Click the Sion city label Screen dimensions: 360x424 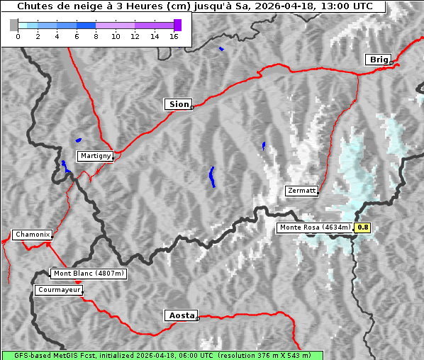tap(178, 104)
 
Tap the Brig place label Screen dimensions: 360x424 tap(377, 60)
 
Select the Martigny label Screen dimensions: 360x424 tap(94, 155)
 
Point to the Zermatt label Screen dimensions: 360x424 tap(301, 191)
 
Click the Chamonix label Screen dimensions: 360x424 tap(32, 235)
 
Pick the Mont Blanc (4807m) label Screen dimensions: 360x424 tap(89, 274)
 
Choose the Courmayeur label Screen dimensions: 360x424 tap(59, 290)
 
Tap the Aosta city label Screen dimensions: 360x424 tap(180, 315)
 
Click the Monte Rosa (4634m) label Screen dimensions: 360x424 tap(315, 227)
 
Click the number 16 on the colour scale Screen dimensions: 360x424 tap(174, 36)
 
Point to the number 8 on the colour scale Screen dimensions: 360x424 tap(96, 36)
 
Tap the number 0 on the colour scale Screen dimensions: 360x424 tap(18, 36)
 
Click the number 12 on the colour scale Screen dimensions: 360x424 tap(135, 36)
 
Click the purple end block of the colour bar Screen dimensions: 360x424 tap(177, 25)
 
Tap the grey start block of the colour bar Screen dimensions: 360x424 tap(14, 25)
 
